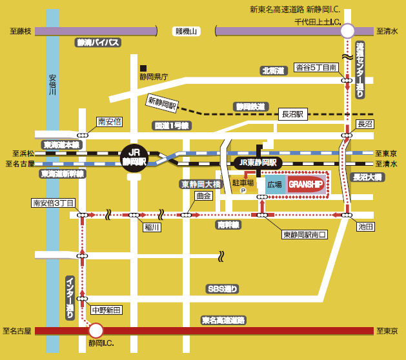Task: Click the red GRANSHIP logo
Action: point(305,185)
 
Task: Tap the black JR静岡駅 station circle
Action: point(134,158)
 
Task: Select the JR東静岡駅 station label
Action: point(258,163)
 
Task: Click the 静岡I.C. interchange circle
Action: point(96,330)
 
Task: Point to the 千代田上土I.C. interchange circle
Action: point(347,31)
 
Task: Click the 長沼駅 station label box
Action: point(293,114)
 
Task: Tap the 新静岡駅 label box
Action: point(163,103)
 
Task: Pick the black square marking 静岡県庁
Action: point(143,68)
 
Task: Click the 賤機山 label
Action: point(186,32)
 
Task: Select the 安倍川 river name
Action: point(52,85)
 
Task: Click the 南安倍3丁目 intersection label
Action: point(54,203)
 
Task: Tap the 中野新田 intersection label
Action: point(107,310)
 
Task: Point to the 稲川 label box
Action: point(152,227)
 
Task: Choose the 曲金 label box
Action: point(203,196)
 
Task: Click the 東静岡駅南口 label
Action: point(305,234)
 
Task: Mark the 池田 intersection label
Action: point(365,226)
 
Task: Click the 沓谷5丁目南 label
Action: point(316,68)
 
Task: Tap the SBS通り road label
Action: point(223,289)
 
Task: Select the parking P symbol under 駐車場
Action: point(243,191)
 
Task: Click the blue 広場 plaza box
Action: point(275,185)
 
